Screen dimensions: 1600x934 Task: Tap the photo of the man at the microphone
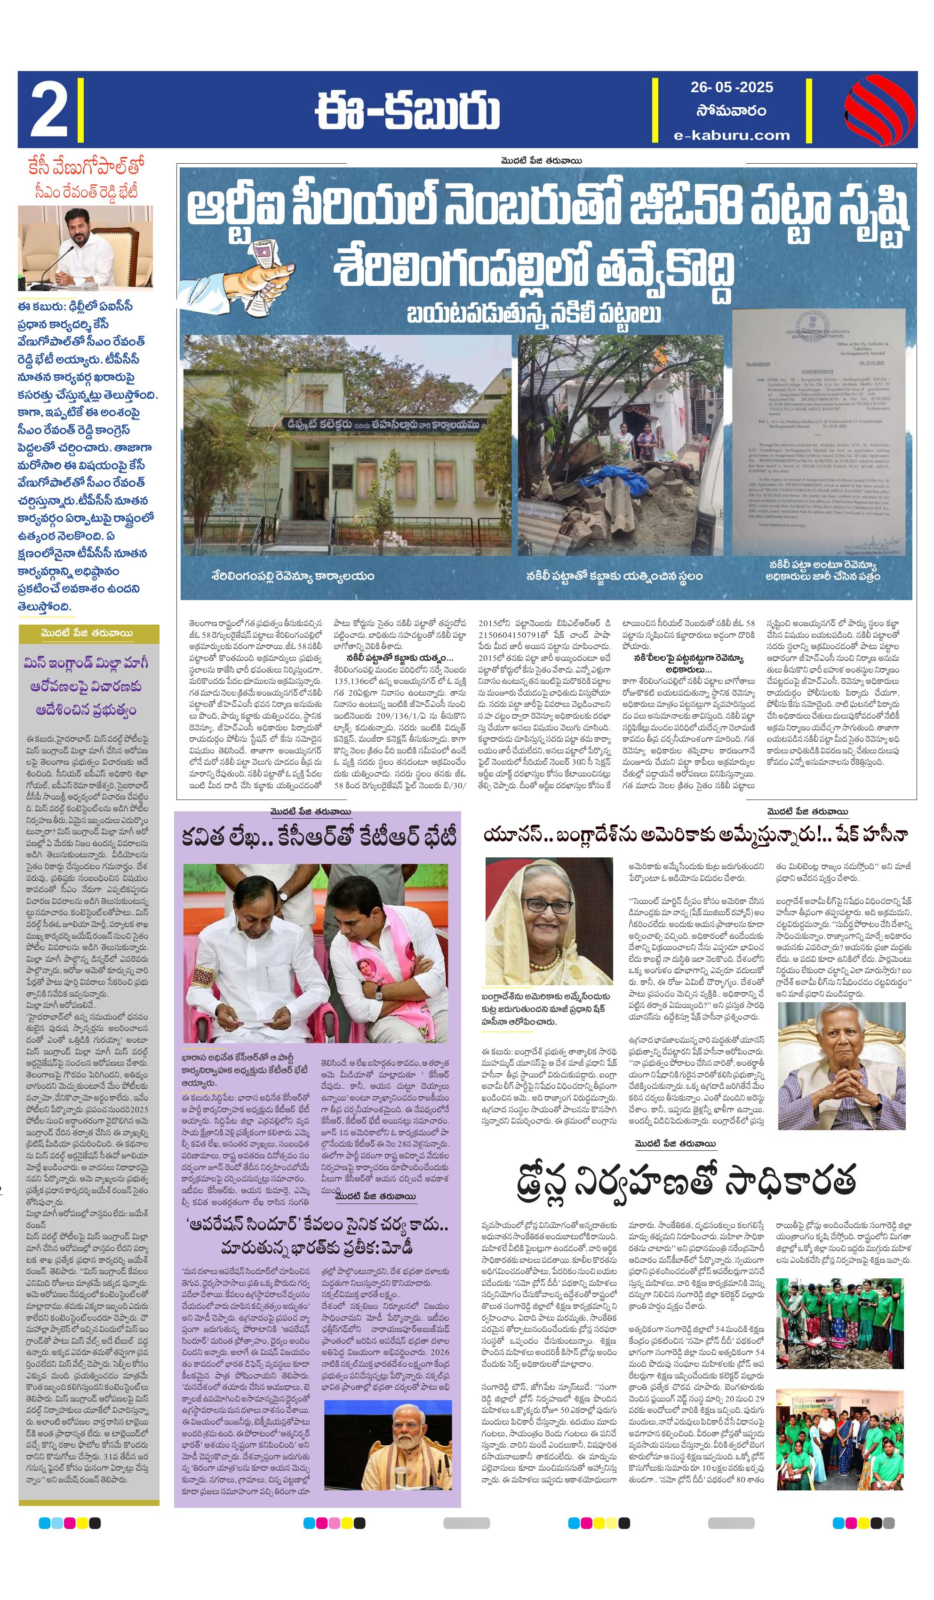85,247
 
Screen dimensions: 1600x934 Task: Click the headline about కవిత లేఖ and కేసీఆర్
319,838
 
